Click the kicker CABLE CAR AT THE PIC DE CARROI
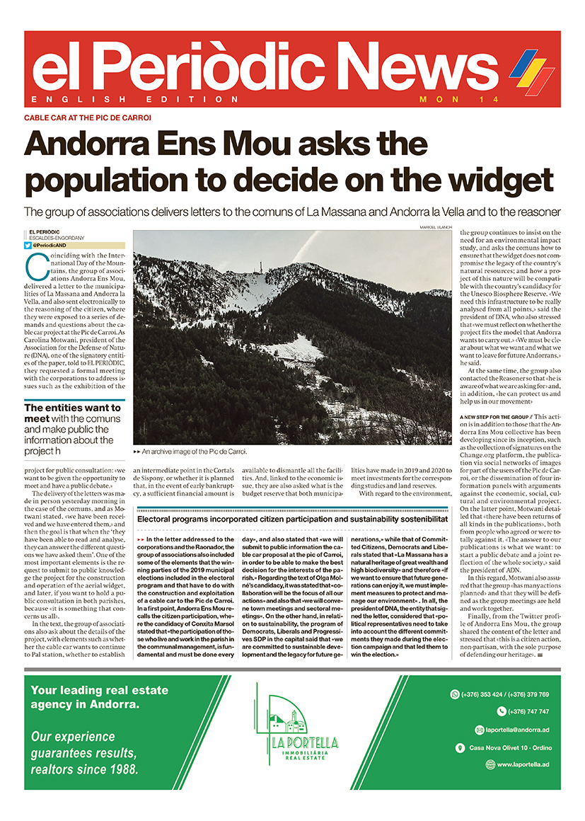coord(88,117)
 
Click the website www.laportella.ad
coord(522,764)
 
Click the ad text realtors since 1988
coord(85,769)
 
